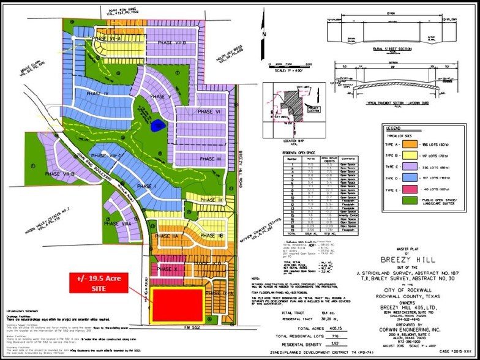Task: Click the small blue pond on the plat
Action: tap(159, 126)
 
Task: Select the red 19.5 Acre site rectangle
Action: tap(178, 304)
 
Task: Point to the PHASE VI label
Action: tap(209, 111)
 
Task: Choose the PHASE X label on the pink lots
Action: tap(167, 269)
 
